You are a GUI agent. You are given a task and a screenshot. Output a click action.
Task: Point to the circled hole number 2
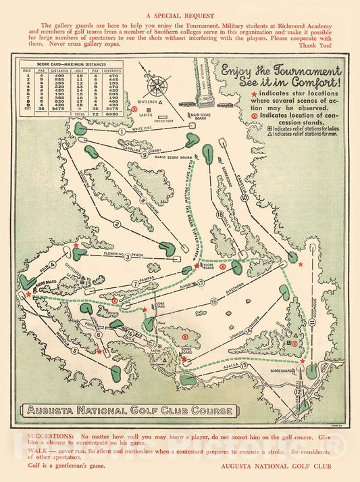coord(116,225)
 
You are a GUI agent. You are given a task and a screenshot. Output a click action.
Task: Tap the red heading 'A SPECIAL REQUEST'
coord(180,15)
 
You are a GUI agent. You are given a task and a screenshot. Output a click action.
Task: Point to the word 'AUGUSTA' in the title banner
coord(55,410)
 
